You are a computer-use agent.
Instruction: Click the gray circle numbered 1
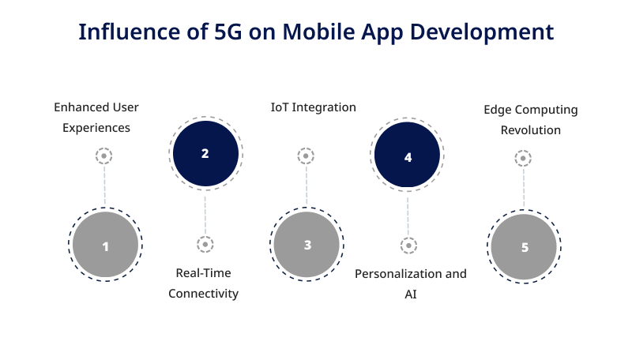pyautogui.click(x=105, y=245)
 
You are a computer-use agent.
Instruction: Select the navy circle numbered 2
pyautogui.click(x=205, y=153)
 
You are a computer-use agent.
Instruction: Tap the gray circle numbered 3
pyautogui.click(x=307, y=245)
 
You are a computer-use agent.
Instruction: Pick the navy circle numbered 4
pyautogui.click(x=407, y=155)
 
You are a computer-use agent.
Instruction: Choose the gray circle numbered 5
pyautogui.click(x=524, y=246)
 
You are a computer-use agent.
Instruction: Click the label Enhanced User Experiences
pyautogui.click(x=96, y=118)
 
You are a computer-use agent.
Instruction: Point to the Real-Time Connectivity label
pyautogui.click(x=204, y=283)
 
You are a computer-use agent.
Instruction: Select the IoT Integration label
pyautogui.click(x=313, y=107)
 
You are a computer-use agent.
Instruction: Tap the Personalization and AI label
pyautogui.click(x=411, y=284)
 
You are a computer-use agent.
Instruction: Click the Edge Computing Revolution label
pyautogui.click(x=531, y=119)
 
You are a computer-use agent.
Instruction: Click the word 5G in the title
pyautogui.click(x=228, y=32)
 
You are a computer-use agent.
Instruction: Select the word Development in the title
pyautogui.click(x=482, y=32)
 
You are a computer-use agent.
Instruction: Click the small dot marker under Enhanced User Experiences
pyautogui.click(x=104, y=156)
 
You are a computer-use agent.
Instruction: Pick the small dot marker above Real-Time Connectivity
pyautogui.click(x=205, y=245)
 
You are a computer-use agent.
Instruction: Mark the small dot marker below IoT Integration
pyautogui.click(x=306, y=156)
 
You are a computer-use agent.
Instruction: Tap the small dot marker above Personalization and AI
pyautogui.click(x=408, y=246)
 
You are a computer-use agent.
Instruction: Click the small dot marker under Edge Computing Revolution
pyautogui.click(x=523, y=158)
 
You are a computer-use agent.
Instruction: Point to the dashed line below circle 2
pyautogui.click(x=205, y=216)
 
